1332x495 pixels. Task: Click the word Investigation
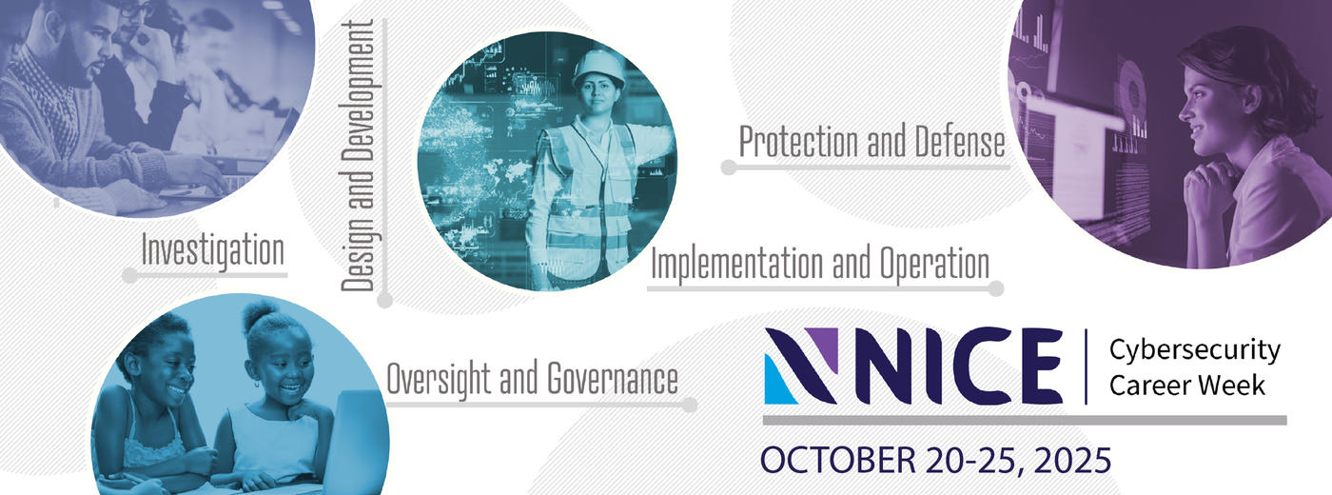tap(213, 251)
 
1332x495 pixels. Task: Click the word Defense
tap(960, 142)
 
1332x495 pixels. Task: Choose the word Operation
tap(934, 264)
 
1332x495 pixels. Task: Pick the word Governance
tap(612, 379)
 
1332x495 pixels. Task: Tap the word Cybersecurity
tap(1194, 350)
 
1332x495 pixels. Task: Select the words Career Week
tap(1187, 386)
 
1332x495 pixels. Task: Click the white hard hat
tap(598, 68)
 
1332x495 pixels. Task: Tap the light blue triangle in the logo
tap(778, 381)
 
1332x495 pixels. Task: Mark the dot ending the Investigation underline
tap(129, 275)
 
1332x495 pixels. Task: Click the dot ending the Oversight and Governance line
tap(690, 406)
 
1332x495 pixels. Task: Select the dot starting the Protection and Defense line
tap(729, 168)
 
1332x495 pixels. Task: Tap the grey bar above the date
tap(1025, 421)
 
